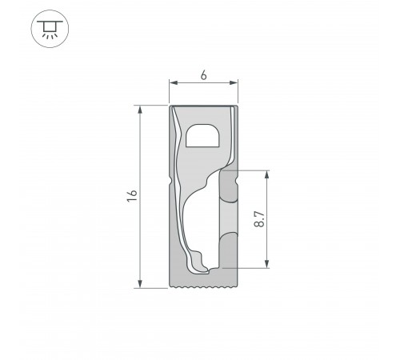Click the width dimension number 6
[204, 75]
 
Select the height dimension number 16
[133, 195]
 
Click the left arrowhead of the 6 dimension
[173, 82]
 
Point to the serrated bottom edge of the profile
[204, 285]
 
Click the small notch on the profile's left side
[171, 183]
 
